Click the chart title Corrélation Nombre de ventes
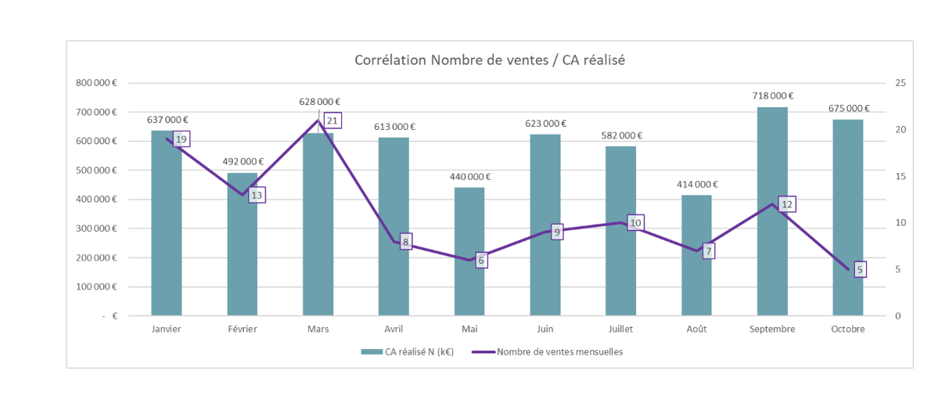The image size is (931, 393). pos(490,60)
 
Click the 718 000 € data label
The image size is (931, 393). pos(772,96)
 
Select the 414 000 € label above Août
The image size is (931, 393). pos(696,184)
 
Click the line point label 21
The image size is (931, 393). pos(332,121)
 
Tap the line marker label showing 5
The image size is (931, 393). pos(860,269)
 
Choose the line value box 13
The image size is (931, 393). pos(257,194)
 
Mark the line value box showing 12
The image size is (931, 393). pos(787,204)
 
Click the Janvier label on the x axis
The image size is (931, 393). pos(166,330)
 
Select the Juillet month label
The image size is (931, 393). pos(620,330)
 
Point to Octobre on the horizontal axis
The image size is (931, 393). pos(848,330)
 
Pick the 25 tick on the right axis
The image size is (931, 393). pos(900,82)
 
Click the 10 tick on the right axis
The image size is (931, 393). pos(900,223)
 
